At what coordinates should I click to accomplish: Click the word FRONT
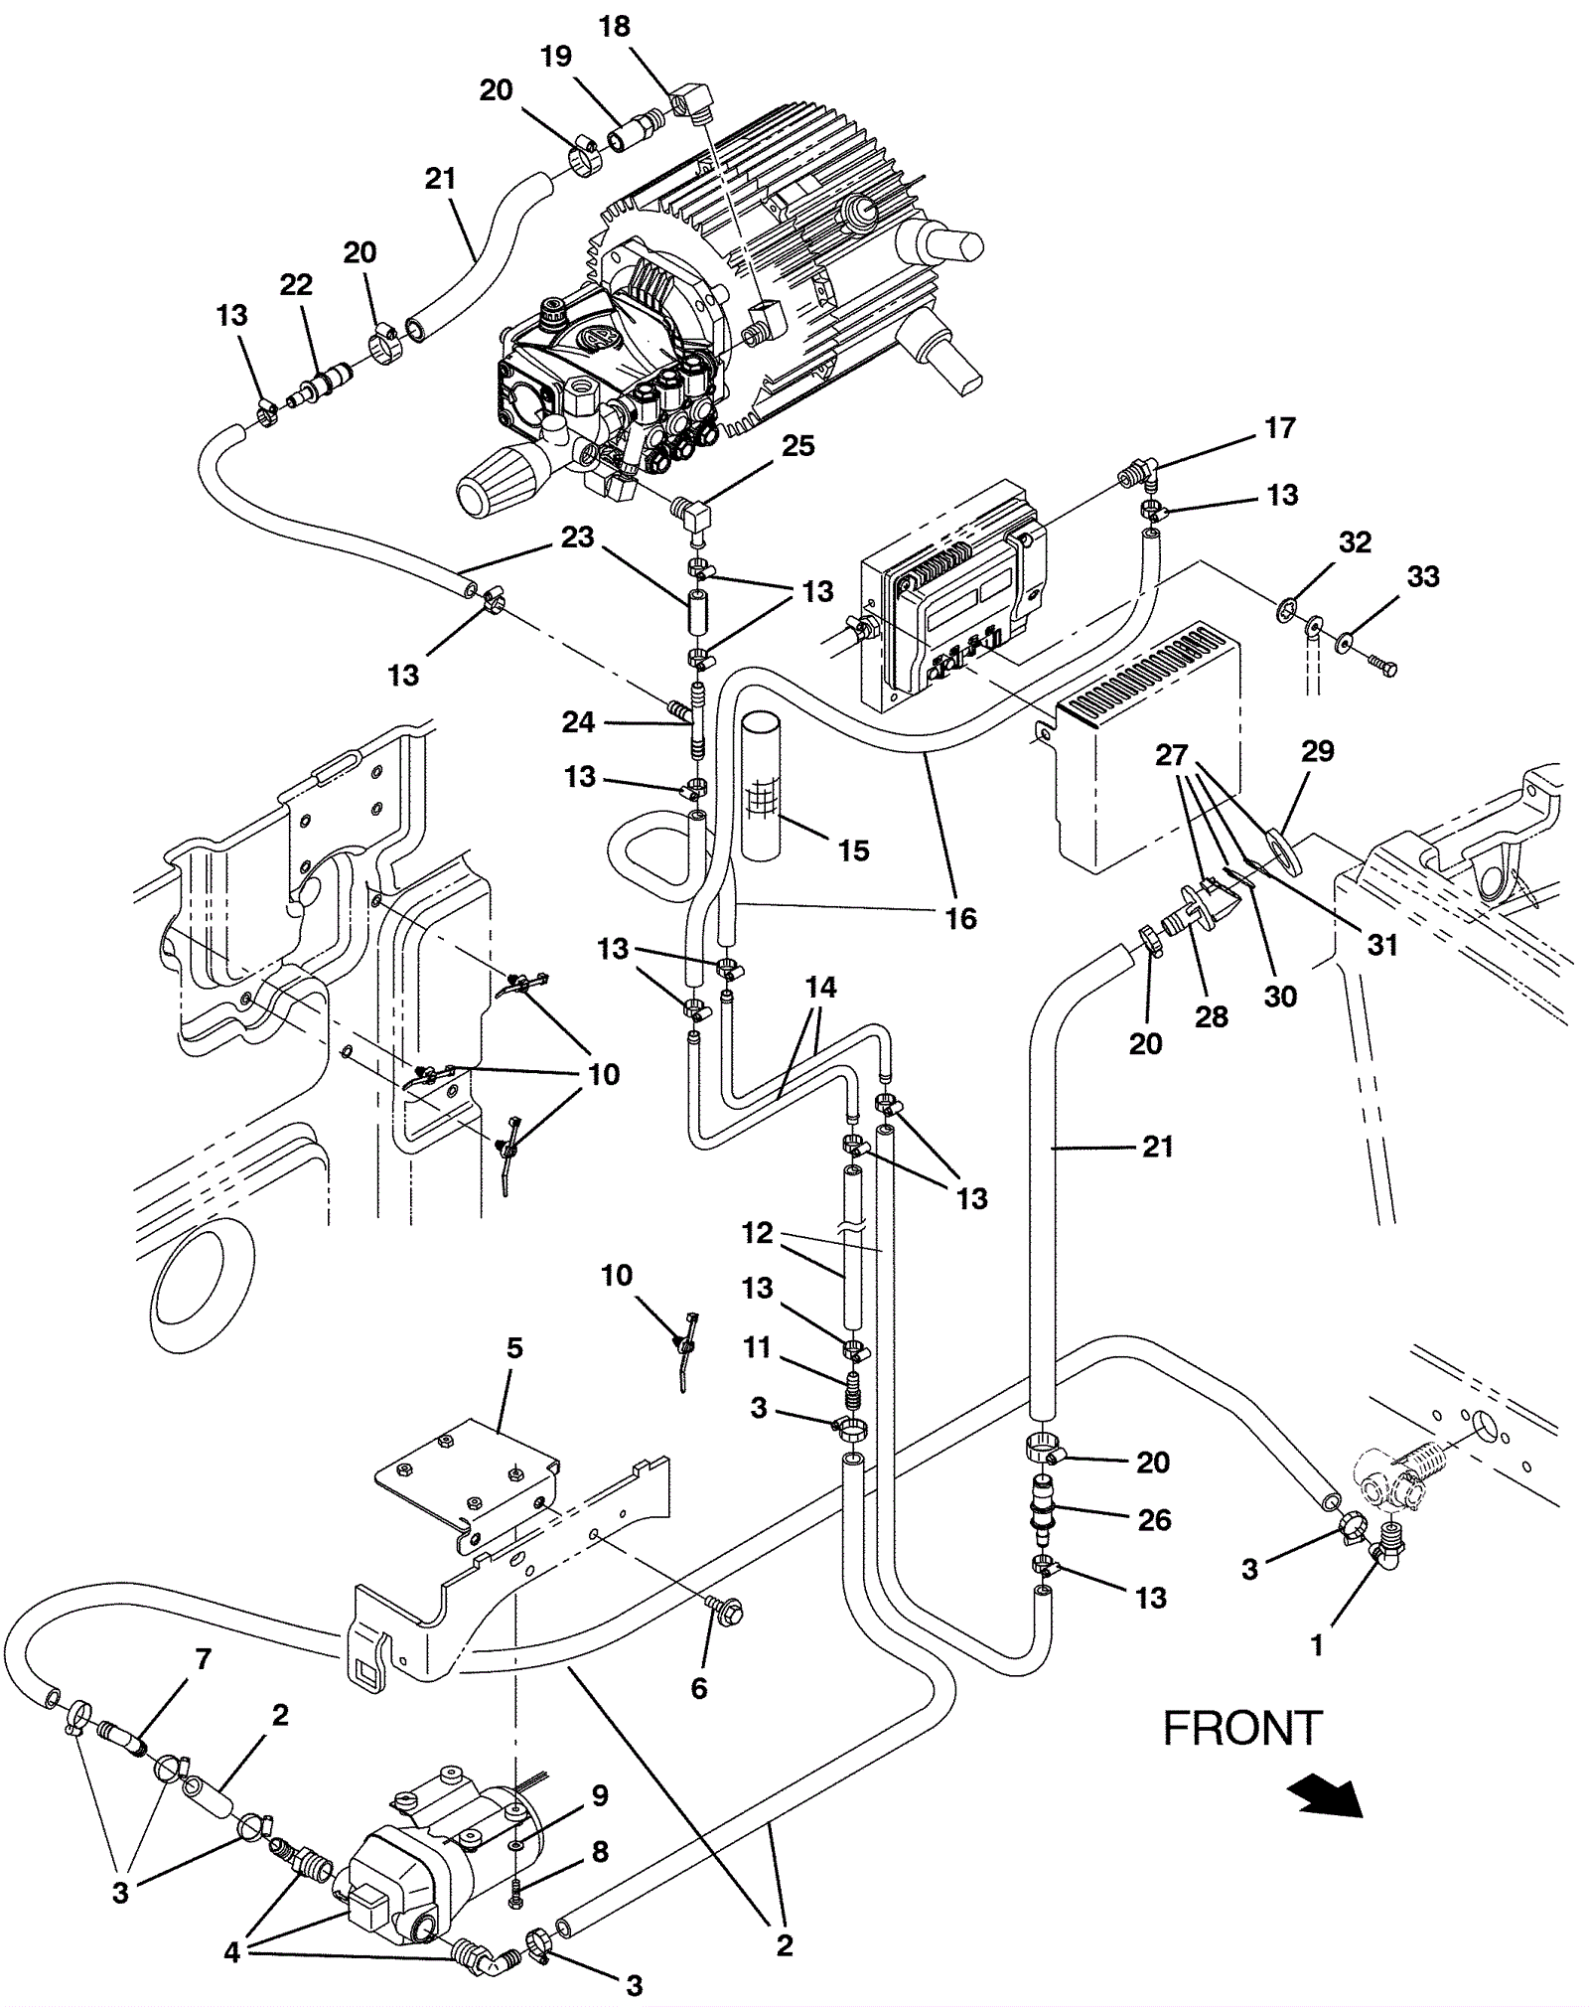tap(1241, 1728)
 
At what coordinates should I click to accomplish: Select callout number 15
tap(853, 850)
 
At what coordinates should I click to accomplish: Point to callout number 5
tap(513, 1348)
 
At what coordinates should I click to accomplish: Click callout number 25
tap(797, 446)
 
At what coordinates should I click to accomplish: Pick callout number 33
tap(1422, 576)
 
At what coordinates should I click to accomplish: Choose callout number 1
tap(1317, 1645)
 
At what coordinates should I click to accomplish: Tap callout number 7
tap(204, 1658)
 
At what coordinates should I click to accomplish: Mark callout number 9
tap(599, 1796)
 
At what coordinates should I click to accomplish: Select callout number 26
tap(1154, 1519)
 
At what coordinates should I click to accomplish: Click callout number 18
tap(615, 27)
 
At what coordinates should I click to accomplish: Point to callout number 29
tap(1317, 751)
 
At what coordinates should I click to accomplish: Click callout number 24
tap(578, 722)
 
